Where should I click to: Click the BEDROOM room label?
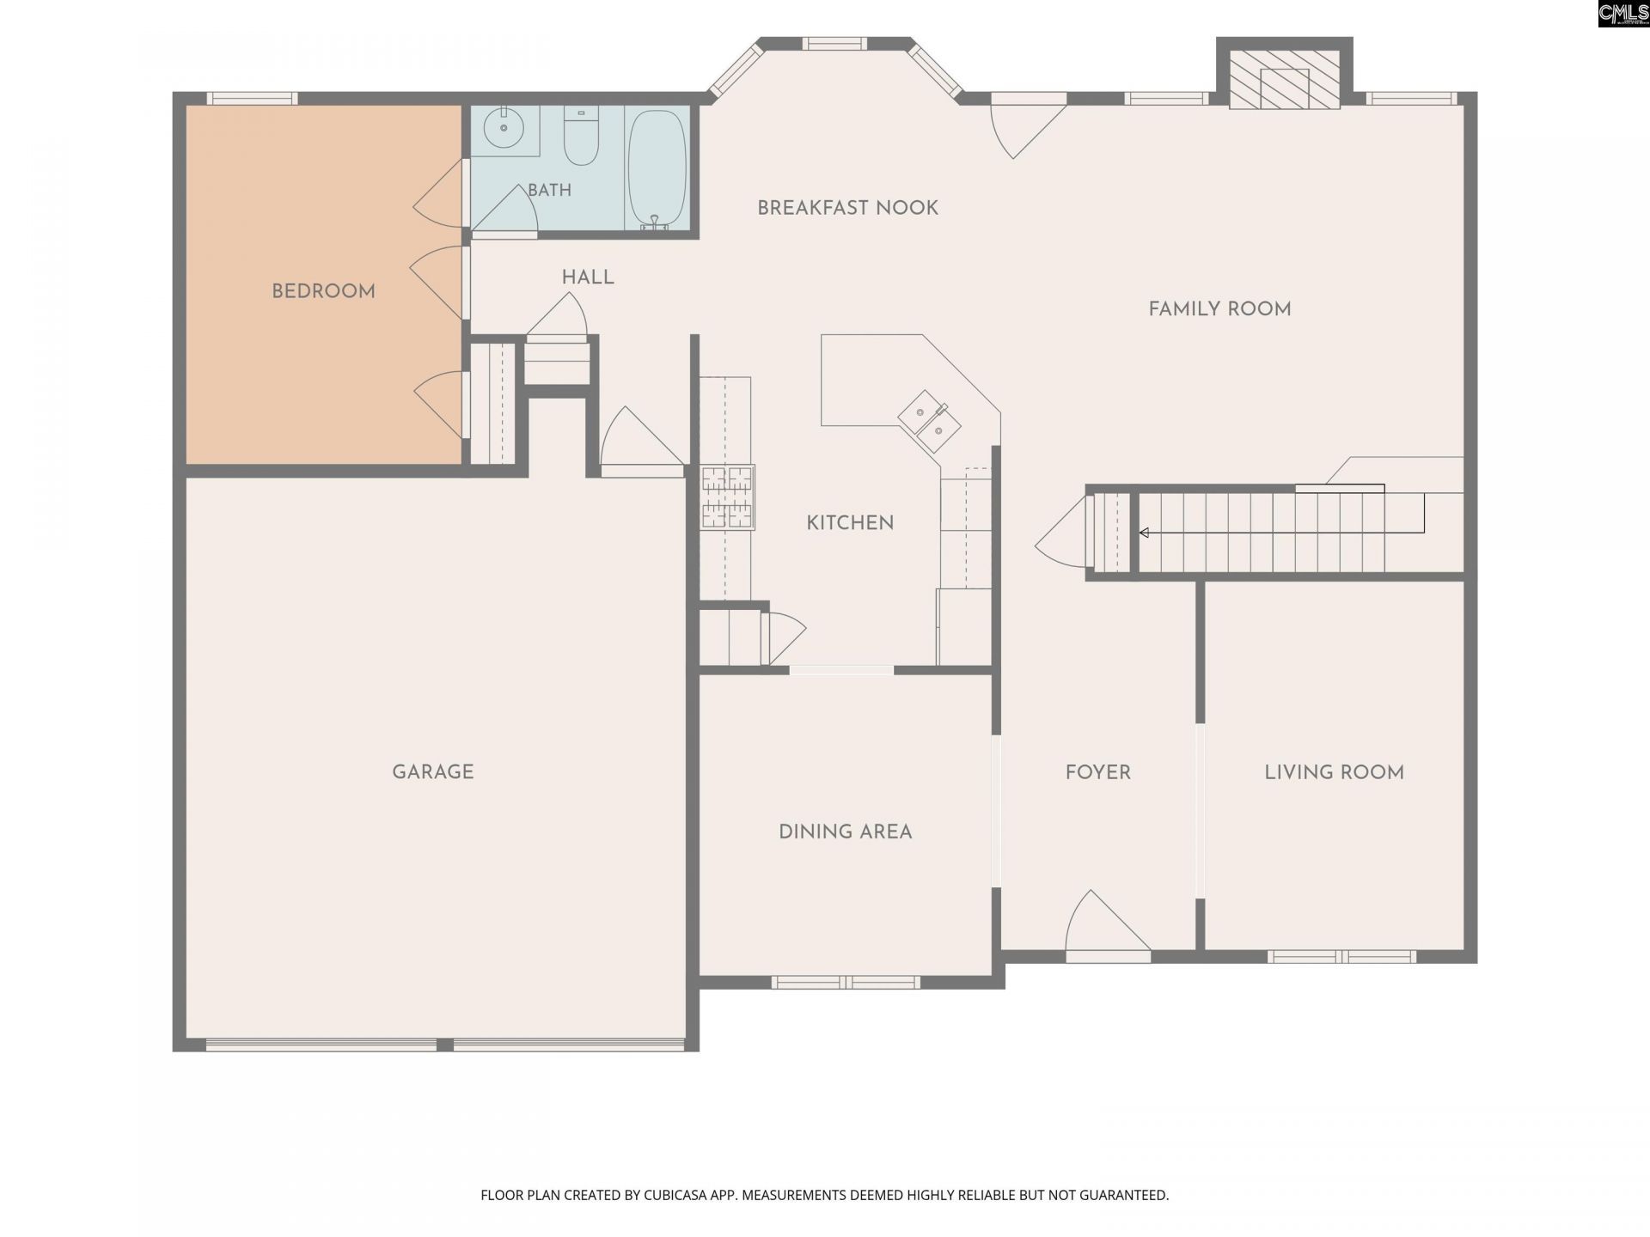pos(323,291)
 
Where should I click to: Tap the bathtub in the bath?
pos(657,169)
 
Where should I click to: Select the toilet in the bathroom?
pos(581,136)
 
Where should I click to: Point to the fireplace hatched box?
pos(1284,79)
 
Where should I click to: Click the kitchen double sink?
pos(929,421)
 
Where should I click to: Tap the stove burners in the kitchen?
pos(727,497)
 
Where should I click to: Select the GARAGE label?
pos(432,772)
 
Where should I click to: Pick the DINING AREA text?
pos(845,832)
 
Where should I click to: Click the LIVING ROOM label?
pos(1334,772)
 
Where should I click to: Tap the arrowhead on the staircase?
pos(1144,533)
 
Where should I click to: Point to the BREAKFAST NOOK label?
pos(847,208)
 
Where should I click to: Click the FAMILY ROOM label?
pos(1219,309)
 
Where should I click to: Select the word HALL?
pos(588,277)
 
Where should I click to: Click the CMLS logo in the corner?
pos(1623,14)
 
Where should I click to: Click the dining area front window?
pos(846,983)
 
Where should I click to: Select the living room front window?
pos(1341,957)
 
